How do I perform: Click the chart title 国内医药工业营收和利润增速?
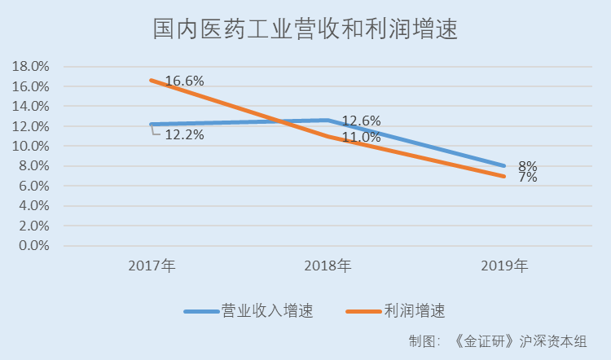point(305,30)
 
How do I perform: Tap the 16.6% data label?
point(184,81)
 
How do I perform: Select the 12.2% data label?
point(184,135)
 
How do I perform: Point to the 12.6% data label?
point(361,121)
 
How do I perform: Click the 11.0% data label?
point(361,137)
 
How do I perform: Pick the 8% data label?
point(527,165)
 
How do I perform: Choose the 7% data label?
point(527,177)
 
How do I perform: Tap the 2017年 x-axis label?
point(152,266)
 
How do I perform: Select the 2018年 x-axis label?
point(327,266)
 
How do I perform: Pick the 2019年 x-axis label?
point(504,266)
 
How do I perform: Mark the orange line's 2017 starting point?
point(152,80)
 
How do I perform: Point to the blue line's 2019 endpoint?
point(504,165)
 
